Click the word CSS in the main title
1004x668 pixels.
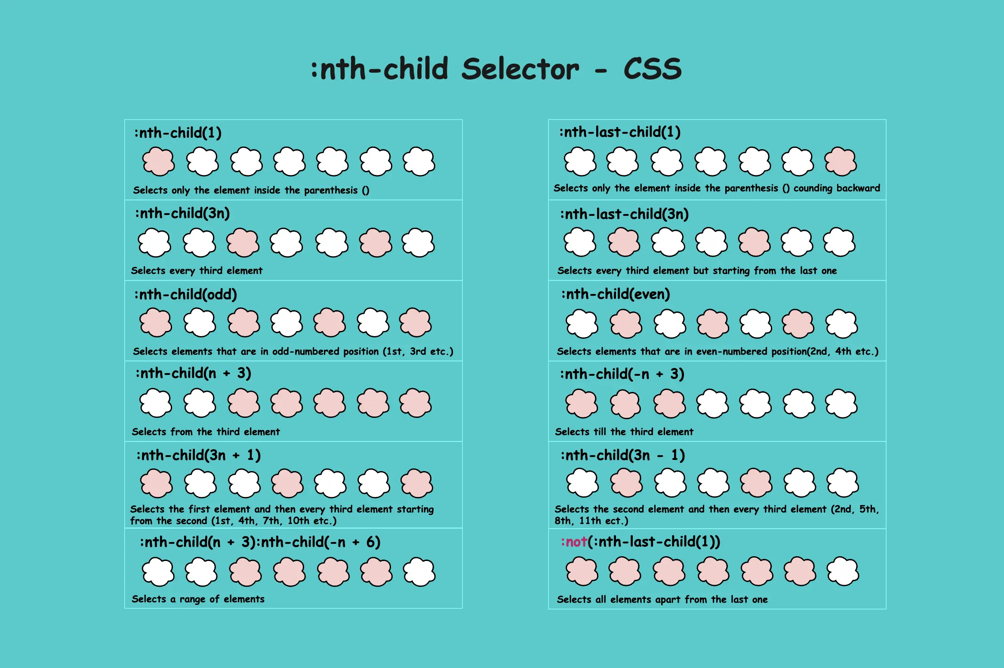[652, 69]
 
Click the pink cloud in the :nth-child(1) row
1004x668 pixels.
[158, 162]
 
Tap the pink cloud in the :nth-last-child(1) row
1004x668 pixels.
[840, 162]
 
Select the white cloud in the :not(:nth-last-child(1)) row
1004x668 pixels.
[843, 572]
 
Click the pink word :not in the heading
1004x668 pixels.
[574, 542]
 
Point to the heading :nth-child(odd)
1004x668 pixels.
[185, 294]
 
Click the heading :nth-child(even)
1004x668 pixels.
[616, 294]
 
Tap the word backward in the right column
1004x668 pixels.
[858, 188]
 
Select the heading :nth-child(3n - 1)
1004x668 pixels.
[622, 455]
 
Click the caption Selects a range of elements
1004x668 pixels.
[198, 599]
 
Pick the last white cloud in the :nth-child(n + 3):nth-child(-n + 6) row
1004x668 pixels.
[419, 572]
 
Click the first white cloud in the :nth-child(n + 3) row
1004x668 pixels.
[156, 403]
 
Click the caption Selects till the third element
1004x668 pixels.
[624, 432]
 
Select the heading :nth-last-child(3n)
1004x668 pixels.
[624, 214]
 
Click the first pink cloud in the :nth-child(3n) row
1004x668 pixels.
[243, 243]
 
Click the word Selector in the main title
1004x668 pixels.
[520, 69]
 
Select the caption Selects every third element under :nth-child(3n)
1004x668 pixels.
[197, 271]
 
